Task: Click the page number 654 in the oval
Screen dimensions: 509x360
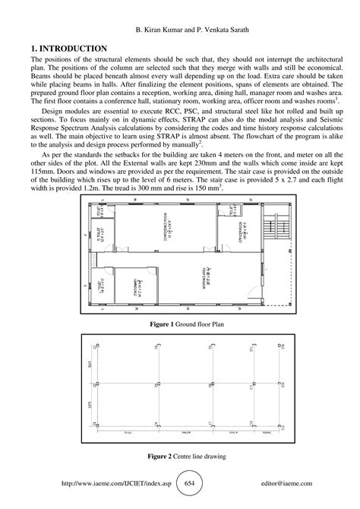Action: point(191,482)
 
